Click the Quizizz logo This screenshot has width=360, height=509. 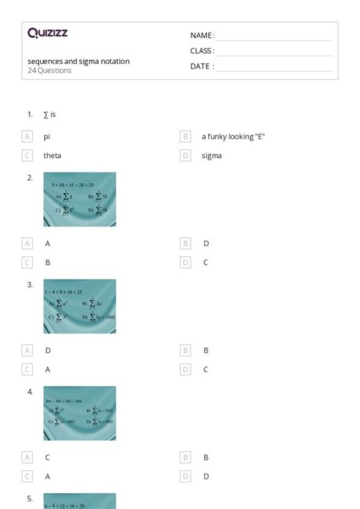[47, 33]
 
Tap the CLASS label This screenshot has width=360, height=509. [202, 51]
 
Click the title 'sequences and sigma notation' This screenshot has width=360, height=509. [78, 61]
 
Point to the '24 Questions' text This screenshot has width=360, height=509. [49, 71]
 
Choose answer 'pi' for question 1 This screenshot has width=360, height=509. [46, 137]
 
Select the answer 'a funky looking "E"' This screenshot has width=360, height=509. [233, 137]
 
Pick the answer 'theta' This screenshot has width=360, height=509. [52, 156]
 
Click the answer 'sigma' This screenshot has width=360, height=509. [211, 156]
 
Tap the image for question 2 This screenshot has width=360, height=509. [80, 199]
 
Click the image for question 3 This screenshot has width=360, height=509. [80, 306]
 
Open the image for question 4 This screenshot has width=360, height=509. [80, 413]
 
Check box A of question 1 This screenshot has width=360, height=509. [27, 137]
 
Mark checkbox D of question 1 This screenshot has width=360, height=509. [185, 156]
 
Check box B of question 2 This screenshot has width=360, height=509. [185, 244]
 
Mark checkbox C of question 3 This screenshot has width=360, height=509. [27, 369]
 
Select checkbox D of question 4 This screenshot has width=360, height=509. [185, 476]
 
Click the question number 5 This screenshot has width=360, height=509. [30, 499]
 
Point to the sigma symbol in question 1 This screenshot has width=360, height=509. [46, 115]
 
